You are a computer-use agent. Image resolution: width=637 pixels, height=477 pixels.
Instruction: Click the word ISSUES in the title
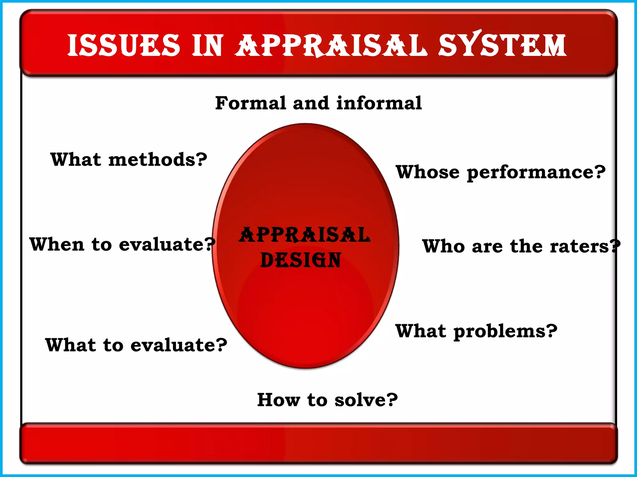[x=123, y=46]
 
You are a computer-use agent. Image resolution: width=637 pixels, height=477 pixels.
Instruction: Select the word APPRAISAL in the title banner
[x=330, y=46]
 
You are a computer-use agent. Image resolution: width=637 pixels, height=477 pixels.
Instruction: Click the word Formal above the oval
[x=250, y=103]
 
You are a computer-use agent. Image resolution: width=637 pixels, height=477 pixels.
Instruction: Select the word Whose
[x=427, y=172]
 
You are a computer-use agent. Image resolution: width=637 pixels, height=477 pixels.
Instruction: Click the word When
[x=57, y=244]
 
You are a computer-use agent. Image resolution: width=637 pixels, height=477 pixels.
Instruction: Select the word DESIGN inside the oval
[x=300, y=260]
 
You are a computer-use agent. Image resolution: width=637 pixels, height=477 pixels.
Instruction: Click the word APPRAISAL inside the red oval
[x=305, y=235]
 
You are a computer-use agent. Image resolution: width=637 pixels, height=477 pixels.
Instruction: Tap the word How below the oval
[x=279, y=400]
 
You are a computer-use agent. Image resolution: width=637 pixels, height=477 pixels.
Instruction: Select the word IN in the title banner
[x=207, y=46]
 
